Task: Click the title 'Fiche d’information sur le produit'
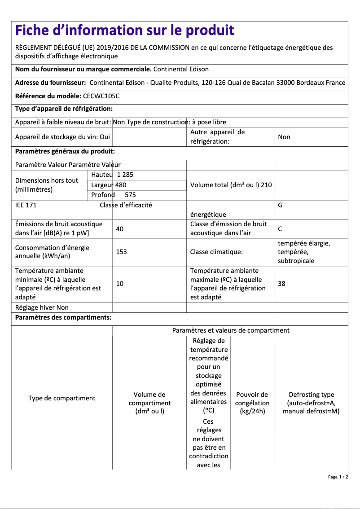tap(125, 31)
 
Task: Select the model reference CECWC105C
tap(101, 96)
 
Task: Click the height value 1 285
tap(125, 175)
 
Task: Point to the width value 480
tap(121, 184)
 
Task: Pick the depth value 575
tap(130, 195)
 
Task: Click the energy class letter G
tap(280, 205)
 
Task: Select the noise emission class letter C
tap(280, 229)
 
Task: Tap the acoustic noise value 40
tap(119, 229)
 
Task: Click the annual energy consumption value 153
tap(121, 252)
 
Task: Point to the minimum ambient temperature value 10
tap(119, 284)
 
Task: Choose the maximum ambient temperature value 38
tap(281, 284)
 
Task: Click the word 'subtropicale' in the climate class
tap(296, 261)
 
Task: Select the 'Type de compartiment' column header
tap(62, 398)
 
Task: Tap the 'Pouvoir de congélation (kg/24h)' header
tap(252, 403)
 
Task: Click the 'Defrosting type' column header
tap(311, 403)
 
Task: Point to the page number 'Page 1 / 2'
tap(338, 477)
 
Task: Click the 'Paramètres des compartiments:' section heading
tap(63, 318)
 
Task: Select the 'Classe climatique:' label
tap(216, 252)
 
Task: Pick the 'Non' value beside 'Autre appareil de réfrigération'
tap(284, 137)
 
